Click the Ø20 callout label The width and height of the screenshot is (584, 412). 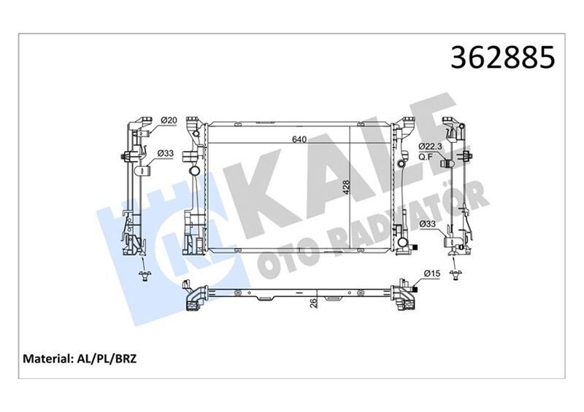coord(169,120)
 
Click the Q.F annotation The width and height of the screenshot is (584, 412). coord(426,156)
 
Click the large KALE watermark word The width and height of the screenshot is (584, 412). coord(328,175)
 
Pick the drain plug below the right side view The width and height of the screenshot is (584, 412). coord(456,274)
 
